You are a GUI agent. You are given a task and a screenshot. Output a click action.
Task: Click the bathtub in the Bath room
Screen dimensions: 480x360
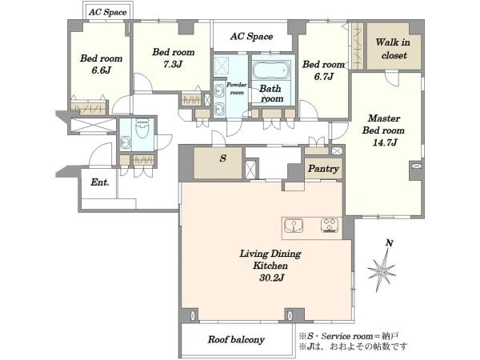tap(271, 70)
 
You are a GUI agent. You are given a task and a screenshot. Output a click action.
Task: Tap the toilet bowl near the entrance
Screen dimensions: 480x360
tap(142, 129)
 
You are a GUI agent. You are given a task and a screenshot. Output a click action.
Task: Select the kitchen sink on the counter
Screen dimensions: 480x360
tap(294, 226)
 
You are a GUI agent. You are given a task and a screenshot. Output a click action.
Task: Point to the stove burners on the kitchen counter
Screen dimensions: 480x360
tap(330, 226)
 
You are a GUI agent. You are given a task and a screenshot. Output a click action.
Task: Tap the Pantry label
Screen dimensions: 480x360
tap(323, 169)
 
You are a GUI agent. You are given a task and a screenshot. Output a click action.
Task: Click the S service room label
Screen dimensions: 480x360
tap(223, 158)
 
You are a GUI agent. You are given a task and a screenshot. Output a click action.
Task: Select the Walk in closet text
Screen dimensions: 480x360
tap(393, 49)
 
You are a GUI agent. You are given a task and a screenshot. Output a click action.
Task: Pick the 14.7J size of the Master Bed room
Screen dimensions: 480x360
tap(385, 142)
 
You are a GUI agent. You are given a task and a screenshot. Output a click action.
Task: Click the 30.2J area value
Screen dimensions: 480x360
tap(272, 278)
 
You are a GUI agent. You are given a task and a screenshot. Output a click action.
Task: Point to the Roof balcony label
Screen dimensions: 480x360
tap(236, 339)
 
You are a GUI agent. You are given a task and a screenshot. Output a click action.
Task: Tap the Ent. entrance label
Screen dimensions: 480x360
tap(100, 182)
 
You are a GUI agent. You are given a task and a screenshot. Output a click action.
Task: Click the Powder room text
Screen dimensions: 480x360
tap(236, 89)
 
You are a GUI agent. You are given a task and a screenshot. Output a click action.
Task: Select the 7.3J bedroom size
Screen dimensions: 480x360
tap(173, 65)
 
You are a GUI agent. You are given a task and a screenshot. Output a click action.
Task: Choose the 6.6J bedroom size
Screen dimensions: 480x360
tap(101, 70)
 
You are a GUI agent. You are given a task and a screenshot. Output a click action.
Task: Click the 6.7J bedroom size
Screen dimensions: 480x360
tap(323, 77)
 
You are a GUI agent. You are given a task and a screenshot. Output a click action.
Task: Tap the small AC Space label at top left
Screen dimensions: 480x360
tap(108, 12)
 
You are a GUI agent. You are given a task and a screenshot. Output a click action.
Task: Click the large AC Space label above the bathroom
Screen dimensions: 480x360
tap(251, 37)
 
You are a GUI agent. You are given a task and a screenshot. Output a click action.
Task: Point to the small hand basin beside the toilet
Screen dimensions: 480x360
tap(126, 142)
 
